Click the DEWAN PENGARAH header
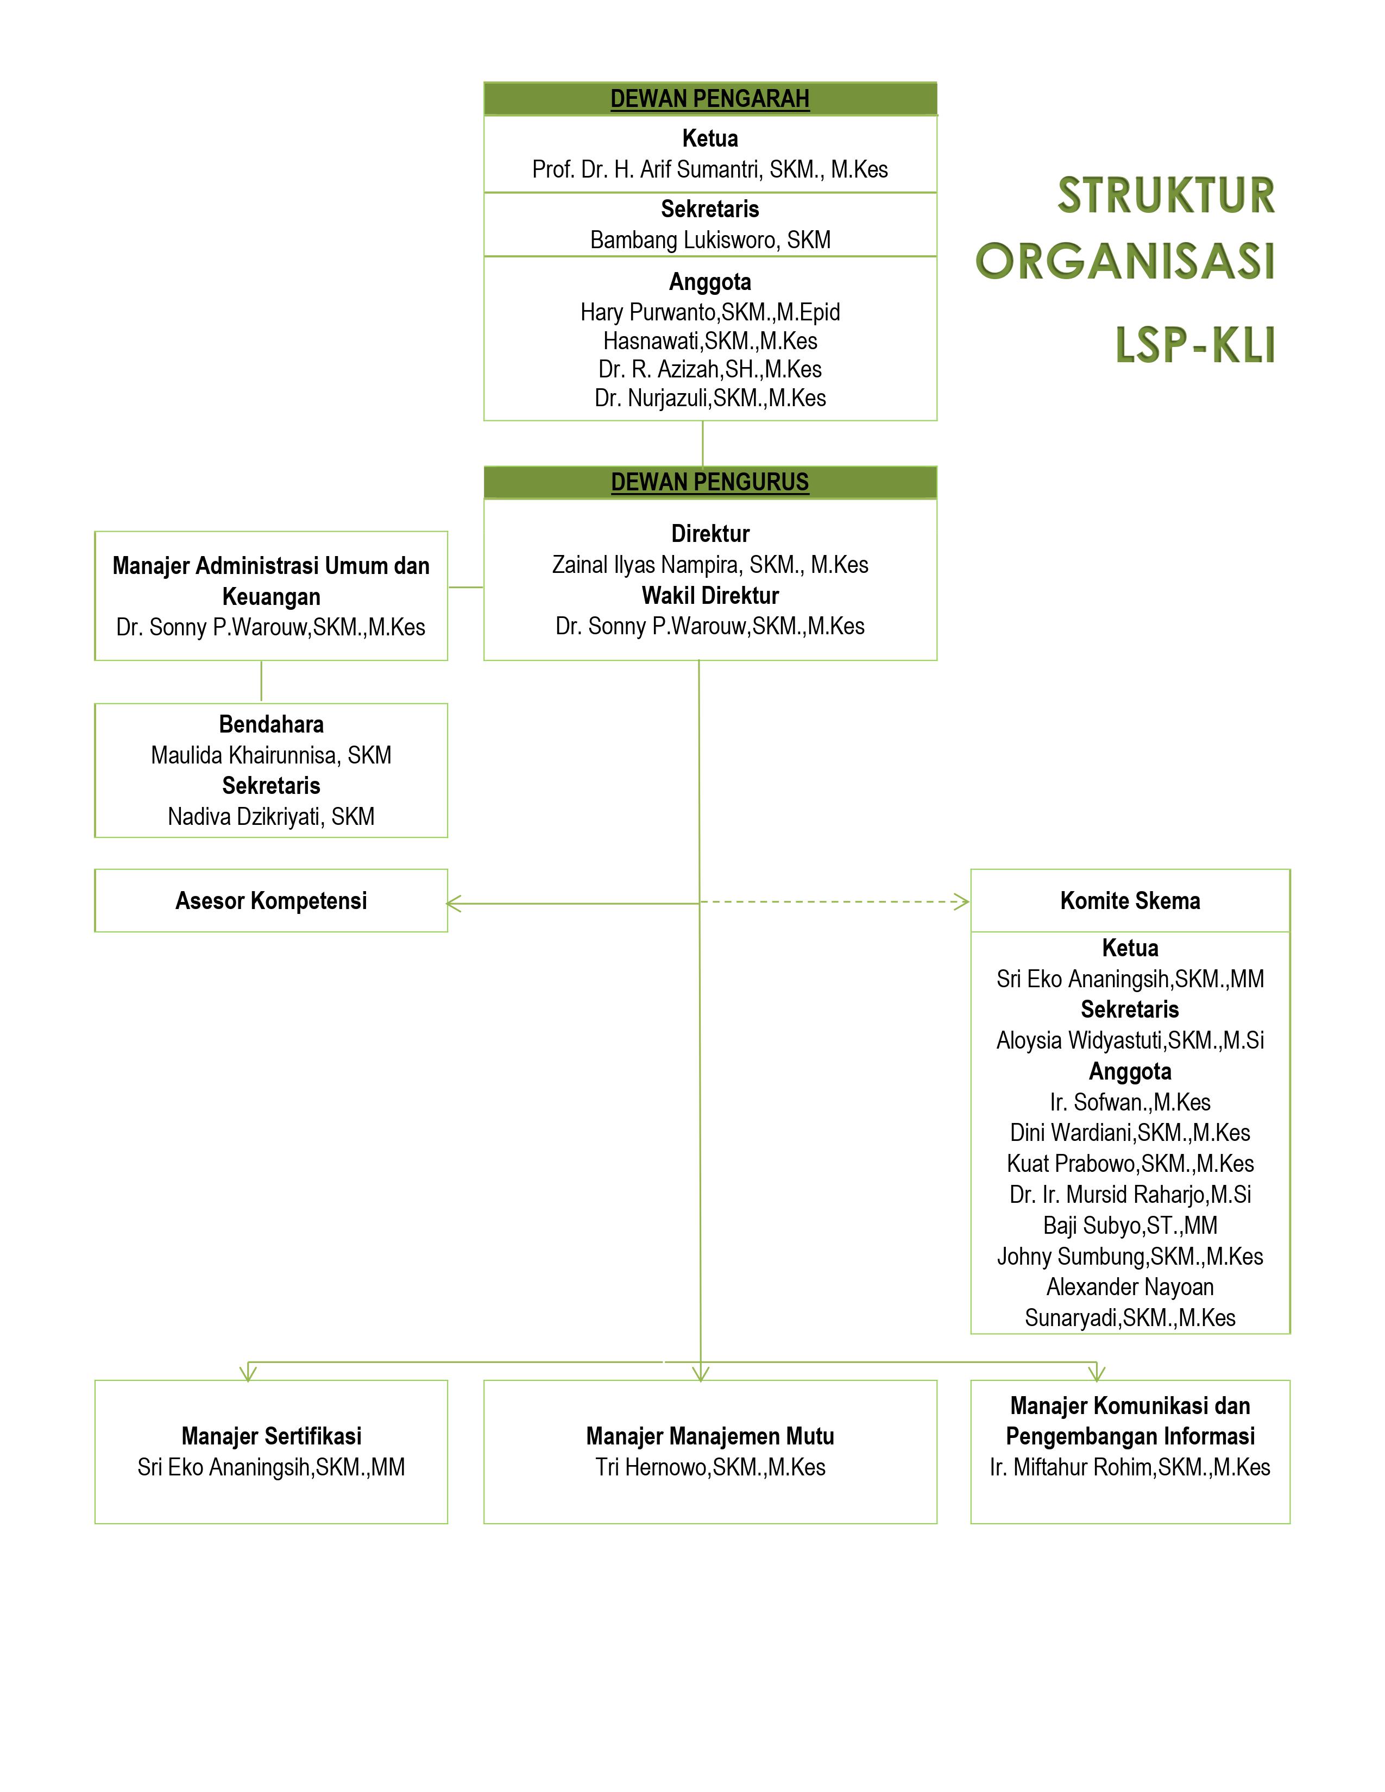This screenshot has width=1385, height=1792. click(710, 98)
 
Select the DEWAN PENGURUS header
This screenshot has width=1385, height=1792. click(710, 482)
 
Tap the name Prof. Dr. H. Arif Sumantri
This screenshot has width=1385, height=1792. click(710, 170)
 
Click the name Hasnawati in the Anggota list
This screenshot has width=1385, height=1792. click(710, 340)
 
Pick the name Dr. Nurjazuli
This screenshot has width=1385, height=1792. click(710, 398)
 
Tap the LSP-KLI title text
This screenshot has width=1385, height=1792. click(1195, 345)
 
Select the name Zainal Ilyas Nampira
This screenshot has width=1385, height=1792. click(710, 565)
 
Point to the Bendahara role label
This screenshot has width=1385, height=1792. click(271, 724)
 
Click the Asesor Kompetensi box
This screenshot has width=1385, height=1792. click(271, 900)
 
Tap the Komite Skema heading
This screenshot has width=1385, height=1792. click(1130, 900)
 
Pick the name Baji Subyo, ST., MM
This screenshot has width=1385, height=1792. click(1130, 1225)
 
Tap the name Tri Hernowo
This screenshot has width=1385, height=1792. click(710, 1467)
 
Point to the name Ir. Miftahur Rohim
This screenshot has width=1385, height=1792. click(1130, 1467)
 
